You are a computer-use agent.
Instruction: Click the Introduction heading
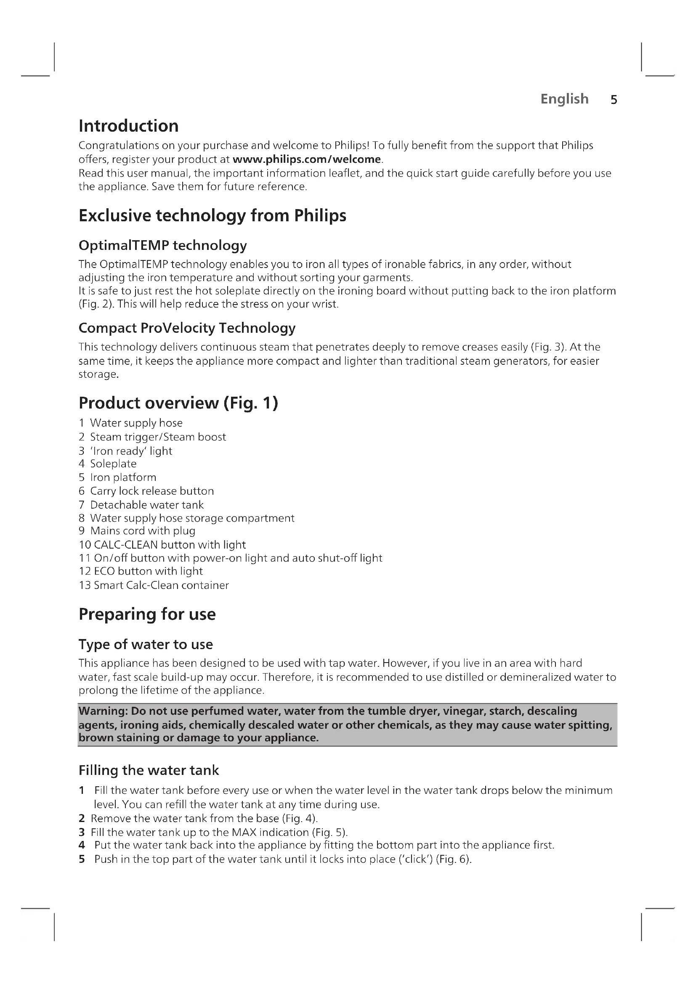[x=129, y=126]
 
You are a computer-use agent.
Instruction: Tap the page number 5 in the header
[x=614, y=100]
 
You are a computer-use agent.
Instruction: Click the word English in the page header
[x=564, y=99]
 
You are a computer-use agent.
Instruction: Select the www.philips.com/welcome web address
[x=306, y=159]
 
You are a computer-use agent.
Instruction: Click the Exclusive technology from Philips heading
[x=212, y=215]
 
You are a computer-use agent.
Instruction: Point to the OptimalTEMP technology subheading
[x=162, y=246]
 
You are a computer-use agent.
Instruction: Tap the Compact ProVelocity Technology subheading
[x=187, y=328]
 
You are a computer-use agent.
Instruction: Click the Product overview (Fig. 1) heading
[x=178, y=403]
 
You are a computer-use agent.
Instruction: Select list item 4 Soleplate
[x=108, y=464]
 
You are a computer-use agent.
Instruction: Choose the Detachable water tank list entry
[x=146, y=505]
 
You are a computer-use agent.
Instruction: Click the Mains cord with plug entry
[x=142, y=531]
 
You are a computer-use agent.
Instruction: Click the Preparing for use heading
[x=147, y=614]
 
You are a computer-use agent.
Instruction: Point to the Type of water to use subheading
[x=146, y=645]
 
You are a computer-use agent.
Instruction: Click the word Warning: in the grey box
[x=103, y=711]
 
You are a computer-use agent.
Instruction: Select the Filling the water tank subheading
[x=149, y=771]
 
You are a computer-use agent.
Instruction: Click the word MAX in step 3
[x=244, y=832]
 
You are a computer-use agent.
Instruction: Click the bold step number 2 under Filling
[x=82, y=819]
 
